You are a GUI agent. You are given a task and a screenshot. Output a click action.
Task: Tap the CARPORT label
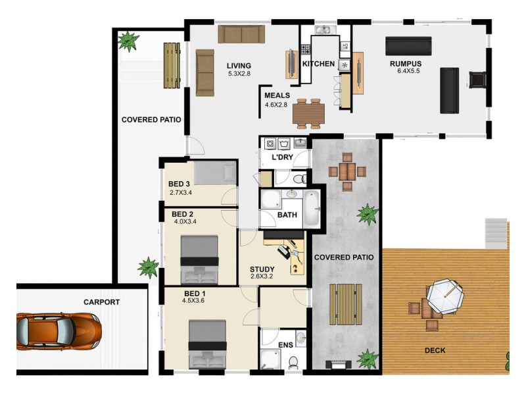101,302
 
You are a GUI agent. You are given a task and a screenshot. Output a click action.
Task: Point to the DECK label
435,351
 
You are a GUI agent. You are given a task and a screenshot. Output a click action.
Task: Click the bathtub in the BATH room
311,209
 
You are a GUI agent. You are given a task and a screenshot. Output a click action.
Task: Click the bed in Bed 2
200,259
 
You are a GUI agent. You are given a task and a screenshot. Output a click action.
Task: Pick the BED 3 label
179,184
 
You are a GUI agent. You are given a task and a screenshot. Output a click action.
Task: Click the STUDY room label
262,269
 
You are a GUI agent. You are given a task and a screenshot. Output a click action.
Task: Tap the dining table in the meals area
308,113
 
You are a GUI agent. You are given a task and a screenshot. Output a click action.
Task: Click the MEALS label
277,95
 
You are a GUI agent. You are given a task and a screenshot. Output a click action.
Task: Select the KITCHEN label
318,64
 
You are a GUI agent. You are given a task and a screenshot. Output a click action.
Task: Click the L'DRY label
282,157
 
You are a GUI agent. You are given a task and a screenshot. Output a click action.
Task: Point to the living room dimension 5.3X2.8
240,74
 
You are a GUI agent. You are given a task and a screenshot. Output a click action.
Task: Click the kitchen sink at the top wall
324,30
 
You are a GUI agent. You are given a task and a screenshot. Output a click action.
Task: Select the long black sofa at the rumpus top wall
407,45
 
